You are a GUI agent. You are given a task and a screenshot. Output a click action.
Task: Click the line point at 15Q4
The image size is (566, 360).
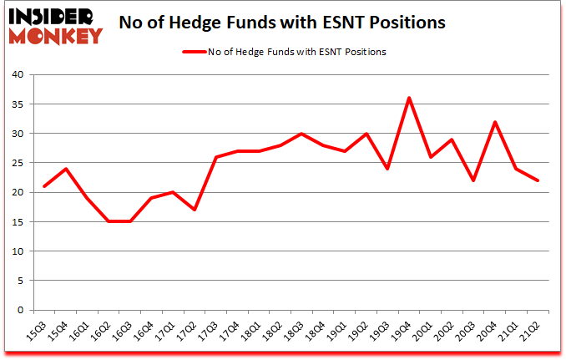click(x=65, y=169)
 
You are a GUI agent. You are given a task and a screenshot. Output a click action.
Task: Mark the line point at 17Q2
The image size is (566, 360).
click(x=194, y=210)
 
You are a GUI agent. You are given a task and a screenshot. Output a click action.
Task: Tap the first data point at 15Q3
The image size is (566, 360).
click(x=43, y=186)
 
